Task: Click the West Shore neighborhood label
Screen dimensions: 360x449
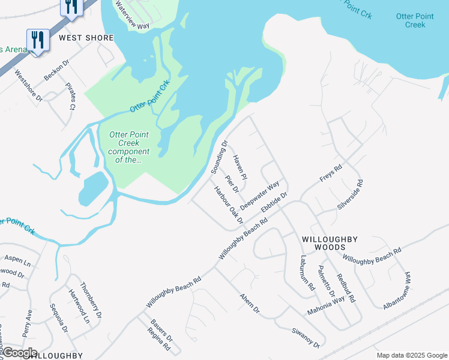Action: click(x=86, y=38)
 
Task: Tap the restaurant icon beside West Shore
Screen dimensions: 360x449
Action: click(x=37, y=40)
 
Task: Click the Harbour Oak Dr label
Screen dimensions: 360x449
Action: click(x=229, y=205)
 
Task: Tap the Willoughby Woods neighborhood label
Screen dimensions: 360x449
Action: click(x=330, y=243)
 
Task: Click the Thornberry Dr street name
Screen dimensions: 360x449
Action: click(x=91, y=300)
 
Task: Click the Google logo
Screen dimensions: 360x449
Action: click(x=20, y=353)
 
